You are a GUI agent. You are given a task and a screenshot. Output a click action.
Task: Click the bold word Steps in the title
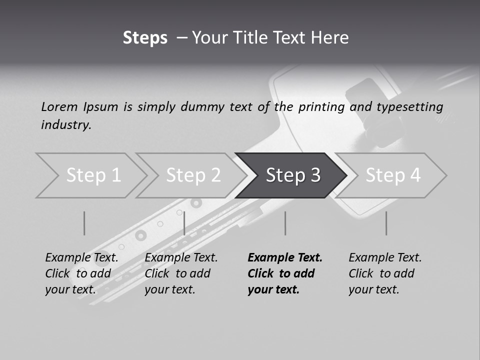tap(145, 38)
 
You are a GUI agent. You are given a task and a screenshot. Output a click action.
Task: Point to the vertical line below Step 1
tap(84, 223)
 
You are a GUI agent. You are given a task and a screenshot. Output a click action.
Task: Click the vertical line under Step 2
tap(184, 223)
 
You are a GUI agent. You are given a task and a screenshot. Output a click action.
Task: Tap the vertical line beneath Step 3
tap(285, 223)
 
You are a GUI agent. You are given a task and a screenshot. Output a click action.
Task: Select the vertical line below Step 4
tap(386, 223)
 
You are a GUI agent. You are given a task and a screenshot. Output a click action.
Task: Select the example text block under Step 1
tap(81, 273)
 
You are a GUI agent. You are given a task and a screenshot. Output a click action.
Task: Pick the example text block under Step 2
tap(181, 273)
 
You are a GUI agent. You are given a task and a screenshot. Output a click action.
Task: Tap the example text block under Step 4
tap(385, 273)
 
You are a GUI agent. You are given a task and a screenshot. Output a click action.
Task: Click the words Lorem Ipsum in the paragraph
tap(79, 107)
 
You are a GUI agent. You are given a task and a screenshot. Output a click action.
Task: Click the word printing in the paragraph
tap(321, 107)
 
